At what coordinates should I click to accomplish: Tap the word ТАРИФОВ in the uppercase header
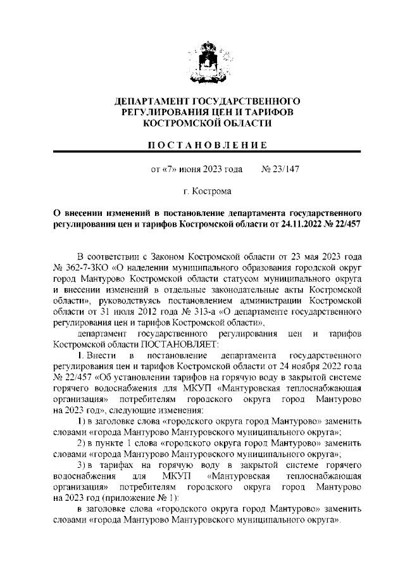click(266, 111)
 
